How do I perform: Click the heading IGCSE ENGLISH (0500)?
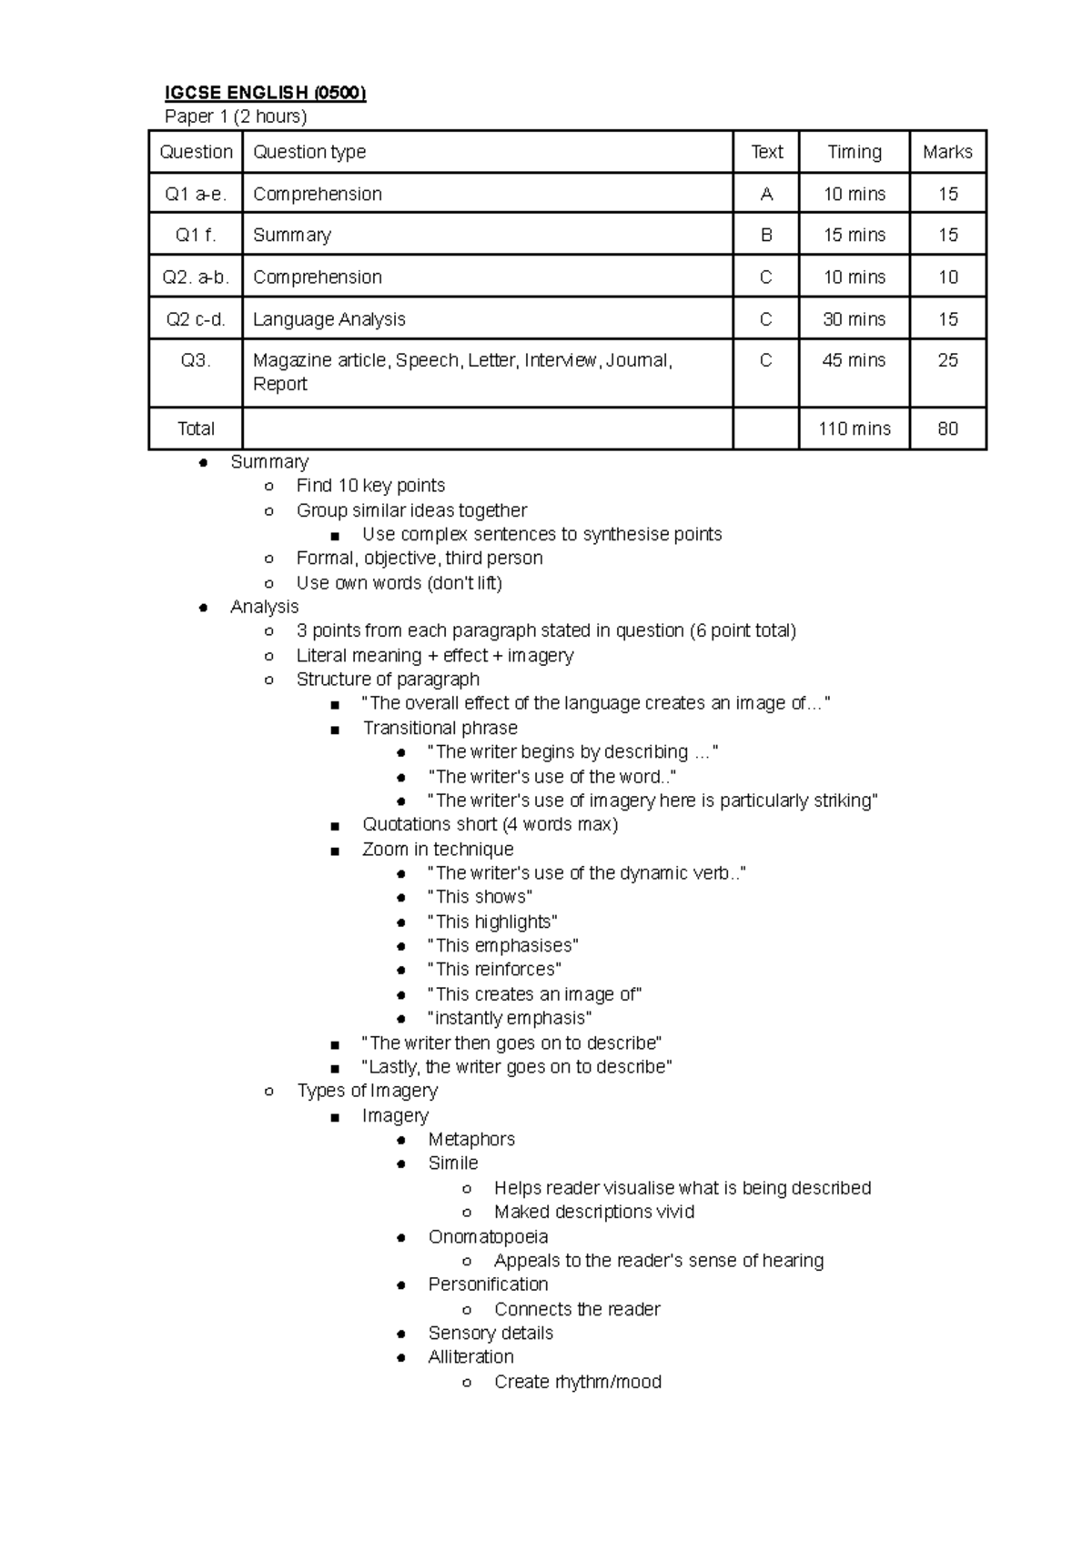265,93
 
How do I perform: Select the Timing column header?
854,152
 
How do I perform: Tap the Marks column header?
947,152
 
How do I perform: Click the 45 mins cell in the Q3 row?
854,360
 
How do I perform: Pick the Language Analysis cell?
329,319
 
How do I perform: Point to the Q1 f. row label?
196,235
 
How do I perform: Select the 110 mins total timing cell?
854,428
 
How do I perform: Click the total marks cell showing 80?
947,428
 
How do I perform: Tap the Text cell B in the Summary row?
766,235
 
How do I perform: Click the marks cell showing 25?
947,360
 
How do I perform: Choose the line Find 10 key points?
370,486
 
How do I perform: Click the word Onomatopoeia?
488,1236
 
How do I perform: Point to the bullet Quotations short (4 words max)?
490,824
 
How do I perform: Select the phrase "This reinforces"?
494,970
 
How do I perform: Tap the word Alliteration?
470,1356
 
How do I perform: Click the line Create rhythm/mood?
577,1382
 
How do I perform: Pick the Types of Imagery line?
367,1091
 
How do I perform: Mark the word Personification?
488,1284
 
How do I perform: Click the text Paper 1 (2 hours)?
236,116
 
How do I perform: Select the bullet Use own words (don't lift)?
399,582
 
